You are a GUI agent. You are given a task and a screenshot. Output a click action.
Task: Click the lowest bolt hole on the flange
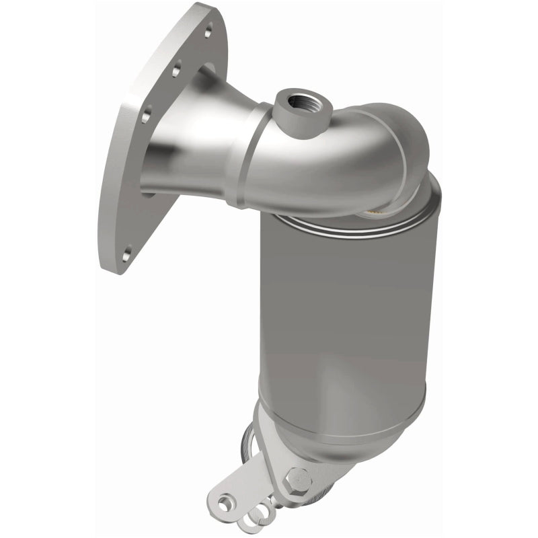click(128, 254)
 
